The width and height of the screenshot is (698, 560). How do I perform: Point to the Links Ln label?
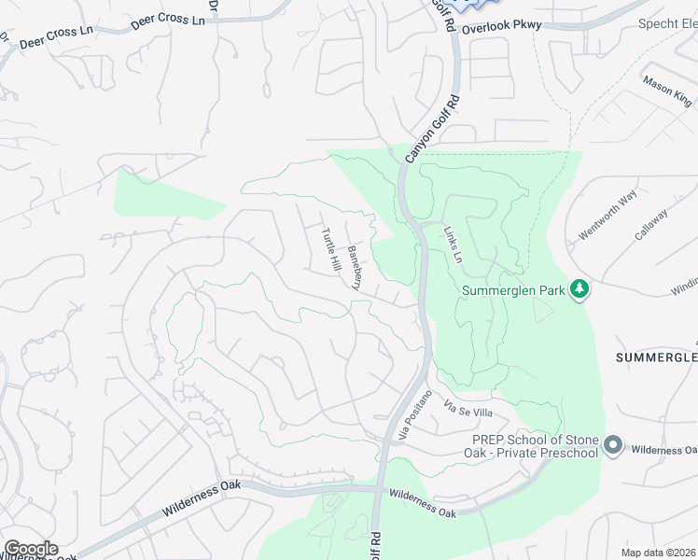pyautogui.click(x=453, y=242)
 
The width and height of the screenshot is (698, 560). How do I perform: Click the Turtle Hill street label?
pyautogui.click(x=332, y=250)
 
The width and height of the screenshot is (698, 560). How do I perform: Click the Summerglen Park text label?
pyautogui.click(x=514, y=290)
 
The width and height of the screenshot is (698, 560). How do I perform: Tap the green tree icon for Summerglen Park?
pyautogui.click(x=580, y=289)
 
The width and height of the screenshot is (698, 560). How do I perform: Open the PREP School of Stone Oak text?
pyautogui.click(x=535, y=446)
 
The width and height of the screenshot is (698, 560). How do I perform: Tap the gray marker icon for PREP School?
pyautogui.click(x=613, y=445)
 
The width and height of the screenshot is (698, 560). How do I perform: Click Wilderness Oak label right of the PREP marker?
pyautogui.click(x=663, y=450)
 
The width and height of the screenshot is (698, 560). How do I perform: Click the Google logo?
pyautogui.click(x=31, y=549)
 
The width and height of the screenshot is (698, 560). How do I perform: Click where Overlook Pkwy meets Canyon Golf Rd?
pyautogui.click(x=455, y=31)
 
